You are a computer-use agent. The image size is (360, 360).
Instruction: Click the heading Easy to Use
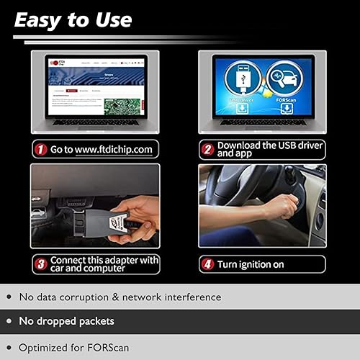click(73, 19)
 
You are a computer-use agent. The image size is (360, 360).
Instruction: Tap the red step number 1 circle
click(40, 150)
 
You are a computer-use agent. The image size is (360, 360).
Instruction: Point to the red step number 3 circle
click(40, 264)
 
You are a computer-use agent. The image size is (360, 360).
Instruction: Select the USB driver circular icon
click(243, 79)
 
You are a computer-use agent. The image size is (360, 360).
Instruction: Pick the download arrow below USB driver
click(243, 109)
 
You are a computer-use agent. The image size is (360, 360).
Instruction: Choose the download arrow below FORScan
click(286, 109)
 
